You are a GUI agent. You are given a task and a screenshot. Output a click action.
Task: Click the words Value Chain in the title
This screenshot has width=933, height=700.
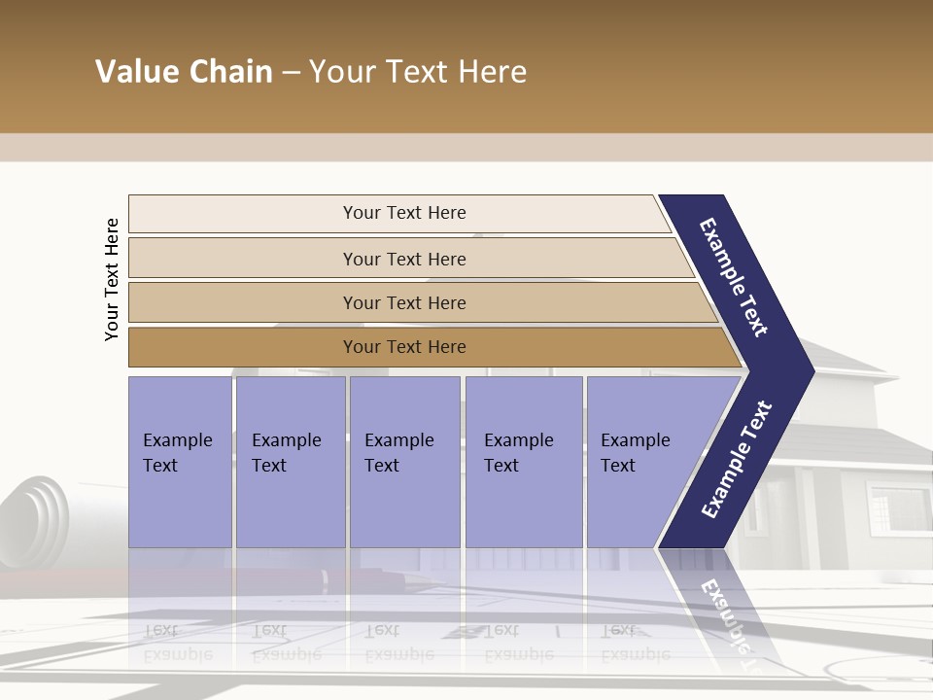click(x=184, y=72)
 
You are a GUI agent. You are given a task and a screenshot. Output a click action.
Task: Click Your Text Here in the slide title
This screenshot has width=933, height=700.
click(x=418, y=72)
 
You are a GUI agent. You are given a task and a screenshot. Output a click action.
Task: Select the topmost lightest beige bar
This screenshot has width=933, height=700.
click(x=403, y=213)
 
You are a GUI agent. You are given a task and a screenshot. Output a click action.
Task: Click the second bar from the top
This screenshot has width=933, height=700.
click(x=403, y=259)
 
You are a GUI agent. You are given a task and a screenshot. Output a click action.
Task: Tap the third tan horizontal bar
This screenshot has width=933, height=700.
click(x=403, y=302)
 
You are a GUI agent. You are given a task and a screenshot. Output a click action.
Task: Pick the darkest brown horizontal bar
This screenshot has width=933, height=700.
click(x=403, y=347)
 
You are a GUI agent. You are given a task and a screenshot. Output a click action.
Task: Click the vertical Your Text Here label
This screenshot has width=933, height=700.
click(x=112, y=279)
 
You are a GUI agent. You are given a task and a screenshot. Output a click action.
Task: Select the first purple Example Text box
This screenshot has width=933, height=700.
click(x=180, y=462)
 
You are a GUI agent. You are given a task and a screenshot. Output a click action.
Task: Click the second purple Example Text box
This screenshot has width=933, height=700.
click(x=291, y=462)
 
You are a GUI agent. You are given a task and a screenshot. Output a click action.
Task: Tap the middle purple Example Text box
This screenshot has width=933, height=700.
click(x=404, y=462)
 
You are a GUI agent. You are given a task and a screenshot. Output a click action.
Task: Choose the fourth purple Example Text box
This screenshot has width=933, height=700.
click(x=524, y=462)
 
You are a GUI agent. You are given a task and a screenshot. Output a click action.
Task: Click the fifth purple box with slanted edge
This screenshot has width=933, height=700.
click(x=641, y=462)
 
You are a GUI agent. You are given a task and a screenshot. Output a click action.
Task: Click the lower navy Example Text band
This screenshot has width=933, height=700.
click(x=736, y=460)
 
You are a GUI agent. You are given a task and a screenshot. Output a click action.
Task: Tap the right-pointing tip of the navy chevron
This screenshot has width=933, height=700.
click(x=807, y=370)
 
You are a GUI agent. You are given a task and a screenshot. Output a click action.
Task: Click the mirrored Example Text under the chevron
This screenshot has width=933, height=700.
click(x=724, y=612)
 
